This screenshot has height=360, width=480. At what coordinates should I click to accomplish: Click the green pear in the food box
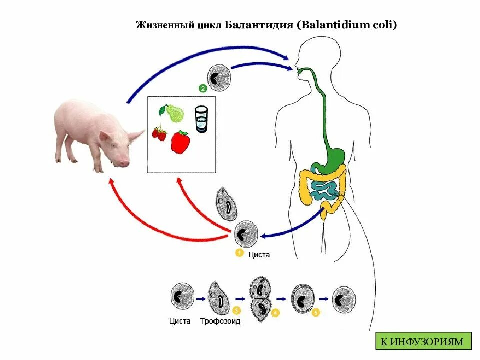173,113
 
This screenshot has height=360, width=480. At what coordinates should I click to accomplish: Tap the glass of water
201,119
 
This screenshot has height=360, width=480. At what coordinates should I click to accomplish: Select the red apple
180,142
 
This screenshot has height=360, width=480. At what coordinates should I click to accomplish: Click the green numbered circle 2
203,89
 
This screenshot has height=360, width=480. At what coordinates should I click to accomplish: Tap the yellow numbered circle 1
239,253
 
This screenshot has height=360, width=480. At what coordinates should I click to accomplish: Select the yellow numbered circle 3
237,311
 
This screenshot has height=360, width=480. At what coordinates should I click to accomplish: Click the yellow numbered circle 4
276,313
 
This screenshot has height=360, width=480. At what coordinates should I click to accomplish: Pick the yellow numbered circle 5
315,313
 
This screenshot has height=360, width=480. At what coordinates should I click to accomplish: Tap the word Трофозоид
220,321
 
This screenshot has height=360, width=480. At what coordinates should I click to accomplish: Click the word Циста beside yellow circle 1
259,254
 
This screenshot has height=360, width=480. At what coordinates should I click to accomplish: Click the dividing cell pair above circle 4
260,300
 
